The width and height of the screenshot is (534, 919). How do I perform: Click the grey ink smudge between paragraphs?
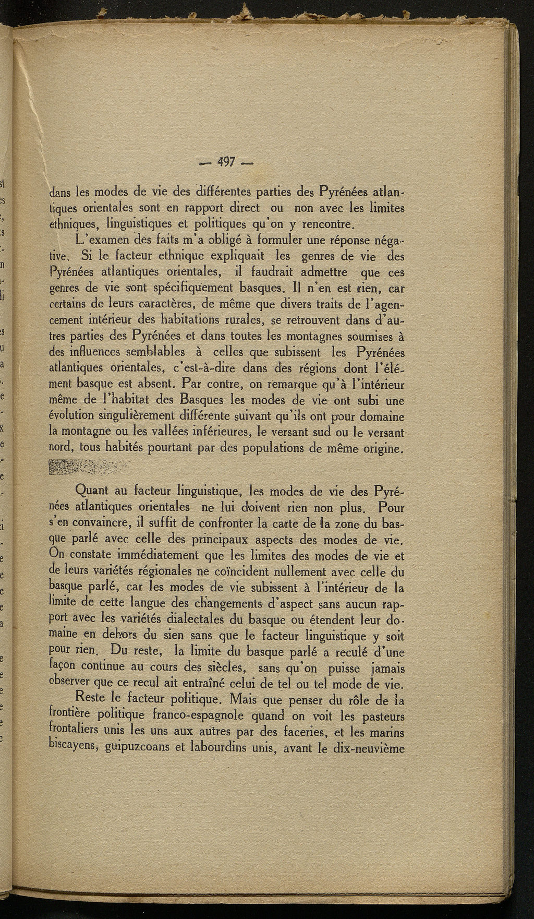[x=87, y=468]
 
